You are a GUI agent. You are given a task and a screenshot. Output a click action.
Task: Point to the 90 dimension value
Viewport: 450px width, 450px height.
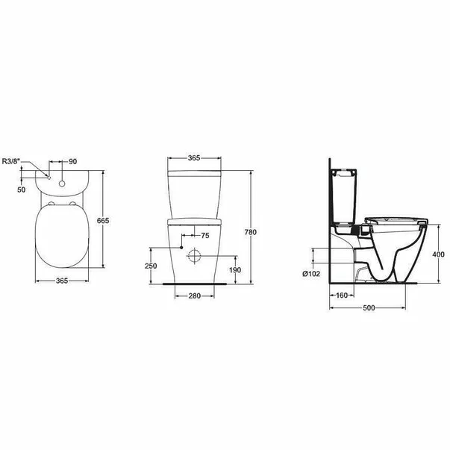(x=74, y=161)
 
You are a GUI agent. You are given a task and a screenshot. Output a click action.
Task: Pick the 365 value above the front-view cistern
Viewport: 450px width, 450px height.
(x=193, y=159)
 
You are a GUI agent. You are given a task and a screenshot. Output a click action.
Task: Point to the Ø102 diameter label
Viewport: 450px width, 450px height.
(x=313, y=274)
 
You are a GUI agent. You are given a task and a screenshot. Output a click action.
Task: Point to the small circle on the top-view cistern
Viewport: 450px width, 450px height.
(x=62, y=178)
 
